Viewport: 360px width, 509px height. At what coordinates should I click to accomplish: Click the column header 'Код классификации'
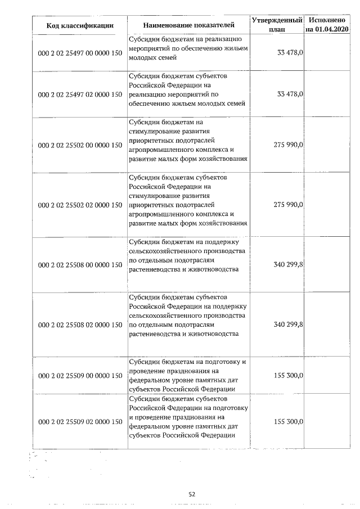tap(80, 25)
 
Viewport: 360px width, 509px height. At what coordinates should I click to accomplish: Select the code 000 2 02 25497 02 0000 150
tap(80, 94)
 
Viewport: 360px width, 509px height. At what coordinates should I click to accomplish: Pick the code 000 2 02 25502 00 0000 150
tap(80, 145)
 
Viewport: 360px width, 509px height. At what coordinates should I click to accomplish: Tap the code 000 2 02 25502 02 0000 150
tap(80, 205)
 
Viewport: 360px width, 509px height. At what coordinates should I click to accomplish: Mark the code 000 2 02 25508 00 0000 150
tap(80, 264)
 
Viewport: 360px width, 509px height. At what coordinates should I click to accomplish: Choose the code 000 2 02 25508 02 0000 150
tap(80, 325)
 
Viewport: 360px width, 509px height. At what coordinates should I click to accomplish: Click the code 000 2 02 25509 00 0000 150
tap(80, 375)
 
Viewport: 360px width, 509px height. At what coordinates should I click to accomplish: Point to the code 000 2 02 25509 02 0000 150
tap(80, 421)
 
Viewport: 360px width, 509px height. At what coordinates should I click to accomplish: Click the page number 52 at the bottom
tap(191, 494)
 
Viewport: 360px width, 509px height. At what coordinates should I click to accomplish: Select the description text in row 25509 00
tap(187, 375)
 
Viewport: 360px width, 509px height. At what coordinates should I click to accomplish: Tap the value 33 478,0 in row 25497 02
tap(290, 94)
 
